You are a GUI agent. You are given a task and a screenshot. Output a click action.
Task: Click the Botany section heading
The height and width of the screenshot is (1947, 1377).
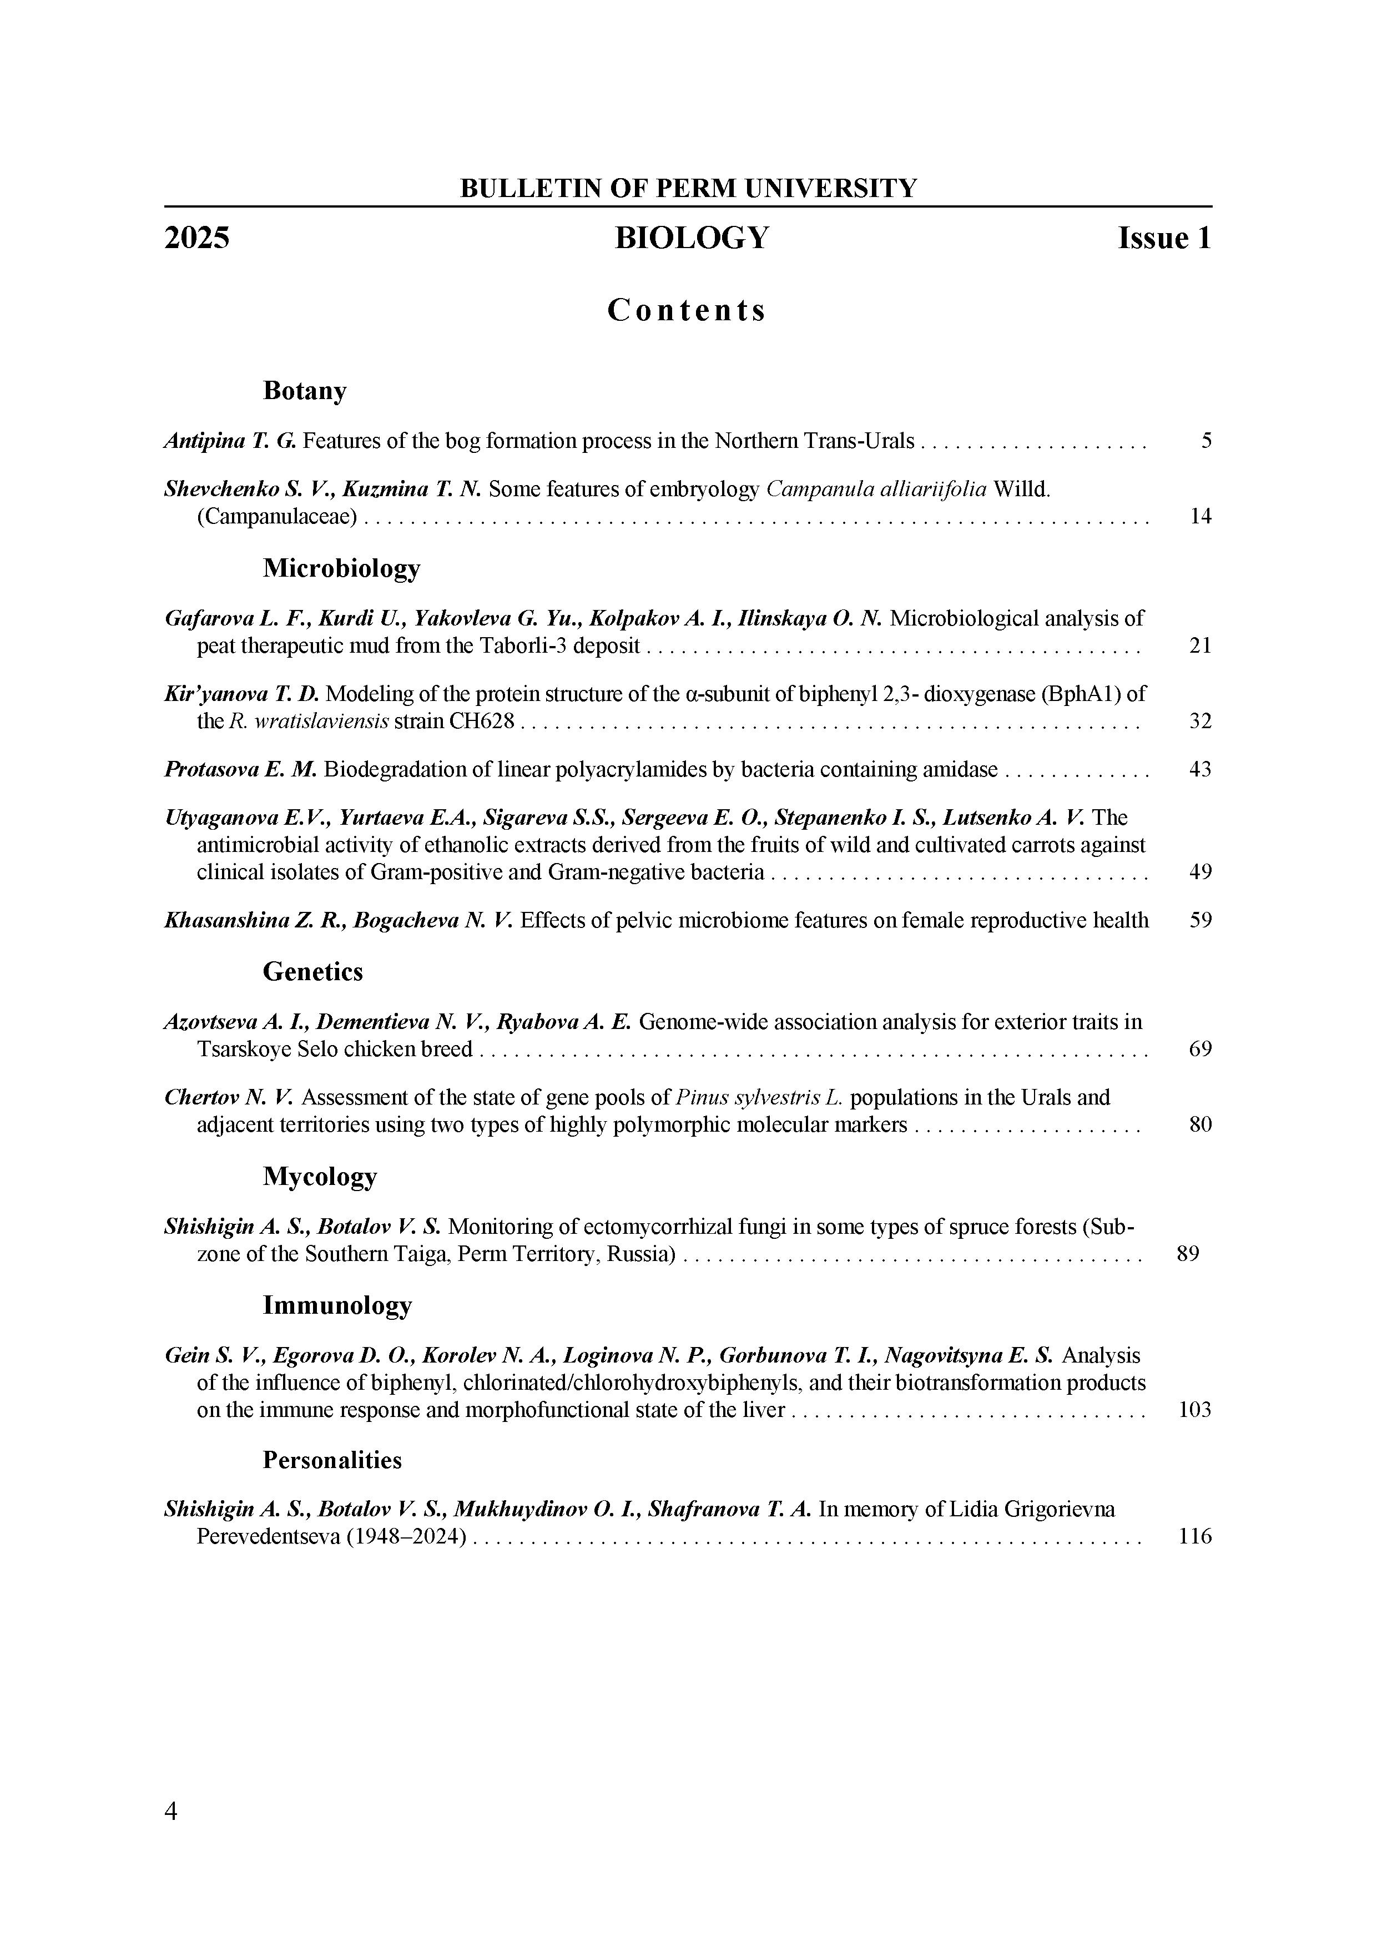pos(304,391)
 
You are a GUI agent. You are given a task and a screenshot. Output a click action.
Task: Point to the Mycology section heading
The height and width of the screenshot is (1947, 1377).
pos(320,1177)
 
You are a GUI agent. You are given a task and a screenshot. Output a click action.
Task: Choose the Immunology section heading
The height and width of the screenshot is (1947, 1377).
pos(337,1305)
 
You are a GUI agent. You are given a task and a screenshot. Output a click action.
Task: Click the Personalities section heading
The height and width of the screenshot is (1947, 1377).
pos(331,1460)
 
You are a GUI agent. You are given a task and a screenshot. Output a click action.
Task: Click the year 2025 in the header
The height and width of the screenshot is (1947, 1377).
pos(196,238)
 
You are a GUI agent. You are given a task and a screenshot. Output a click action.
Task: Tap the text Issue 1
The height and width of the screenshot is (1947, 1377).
pos(1164,238)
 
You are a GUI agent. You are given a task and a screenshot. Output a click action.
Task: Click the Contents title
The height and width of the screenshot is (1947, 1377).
pos(687,310)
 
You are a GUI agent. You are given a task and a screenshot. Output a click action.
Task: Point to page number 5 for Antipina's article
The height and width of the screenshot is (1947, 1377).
pos(1205,441)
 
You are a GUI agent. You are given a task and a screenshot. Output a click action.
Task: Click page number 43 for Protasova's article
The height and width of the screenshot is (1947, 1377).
pos(1200,770)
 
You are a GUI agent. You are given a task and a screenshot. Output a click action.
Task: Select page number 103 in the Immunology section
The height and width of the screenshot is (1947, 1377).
pos(1195,1410)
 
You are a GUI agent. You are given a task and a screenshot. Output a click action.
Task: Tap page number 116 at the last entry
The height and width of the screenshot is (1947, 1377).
pos(1195,1537)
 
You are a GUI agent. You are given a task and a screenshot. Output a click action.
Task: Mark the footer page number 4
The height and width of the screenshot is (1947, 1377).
pos(172,1812)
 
